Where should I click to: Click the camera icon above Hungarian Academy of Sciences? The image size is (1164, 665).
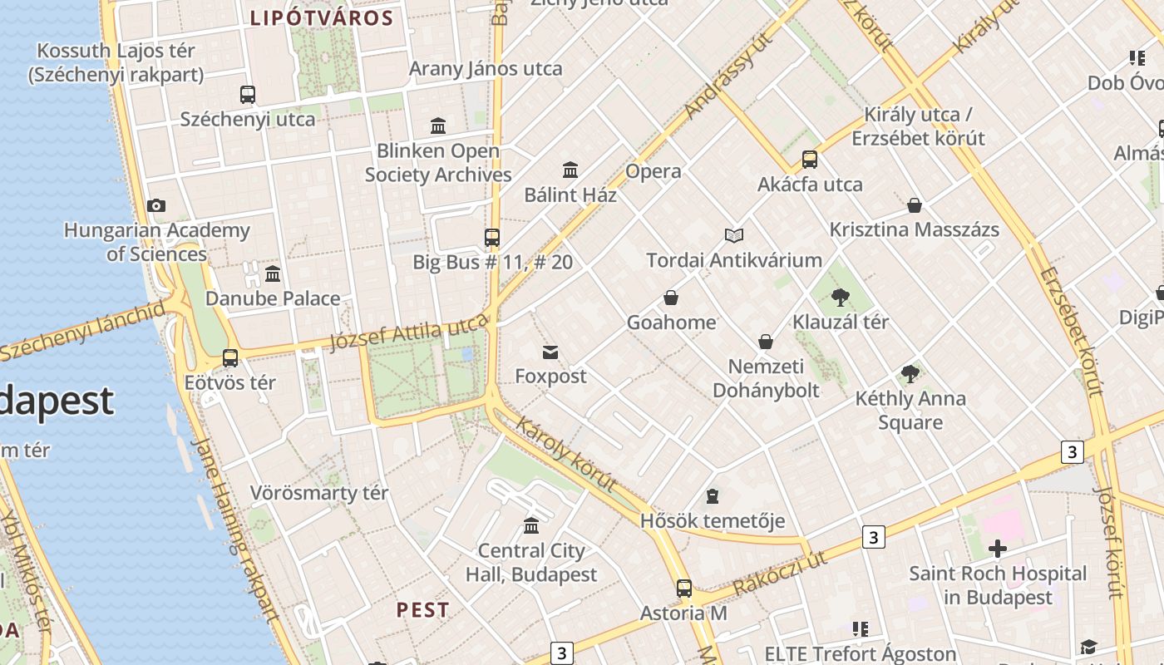155,205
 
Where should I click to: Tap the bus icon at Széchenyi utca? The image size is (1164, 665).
247,95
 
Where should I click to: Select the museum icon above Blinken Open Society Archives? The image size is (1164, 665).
438,126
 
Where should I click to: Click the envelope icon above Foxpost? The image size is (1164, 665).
550,352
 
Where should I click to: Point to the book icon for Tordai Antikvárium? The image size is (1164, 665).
733,235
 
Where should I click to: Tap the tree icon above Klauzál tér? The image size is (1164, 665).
841,297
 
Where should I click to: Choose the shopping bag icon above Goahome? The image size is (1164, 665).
671,298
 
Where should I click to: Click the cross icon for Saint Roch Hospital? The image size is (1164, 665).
997,549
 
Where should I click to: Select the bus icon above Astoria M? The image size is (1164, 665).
683,589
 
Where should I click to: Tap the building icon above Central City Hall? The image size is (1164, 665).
531,525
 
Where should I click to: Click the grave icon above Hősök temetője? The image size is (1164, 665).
712,496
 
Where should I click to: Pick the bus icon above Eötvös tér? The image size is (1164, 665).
230,358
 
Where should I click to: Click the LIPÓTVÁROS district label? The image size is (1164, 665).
322,18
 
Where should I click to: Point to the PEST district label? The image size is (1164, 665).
422,609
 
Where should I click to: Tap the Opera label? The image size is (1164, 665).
654,172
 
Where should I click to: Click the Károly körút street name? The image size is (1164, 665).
566,454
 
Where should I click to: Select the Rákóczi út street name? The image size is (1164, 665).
781,573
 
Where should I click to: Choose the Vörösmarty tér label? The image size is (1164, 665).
319,493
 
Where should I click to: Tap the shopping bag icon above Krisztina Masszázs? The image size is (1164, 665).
915,205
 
